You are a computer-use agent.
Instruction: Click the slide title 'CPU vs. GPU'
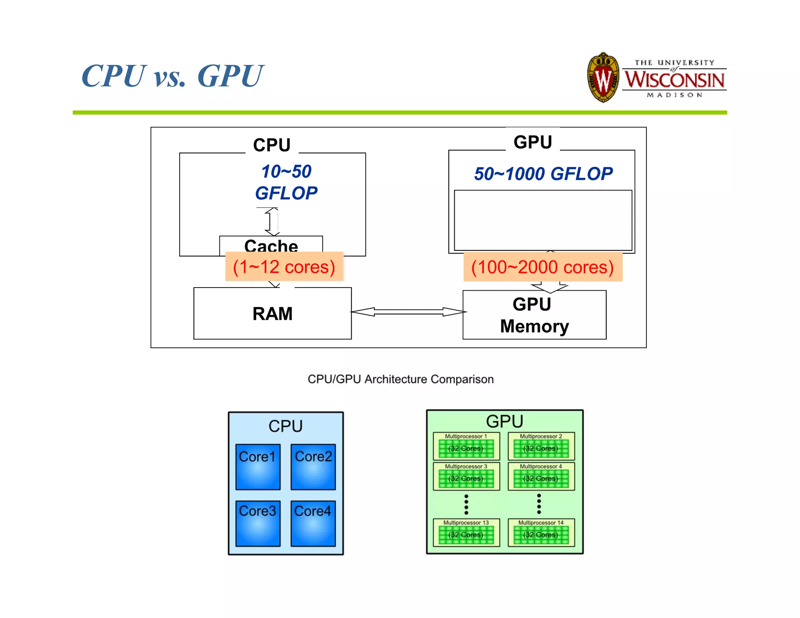pos(173,76)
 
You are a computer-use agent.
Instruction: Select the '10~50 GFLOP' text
pos(286,182)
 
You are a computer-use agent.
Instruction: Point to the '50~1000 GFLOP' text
pos(543,174)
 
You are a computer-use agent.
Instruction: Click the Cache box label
pos(271,245)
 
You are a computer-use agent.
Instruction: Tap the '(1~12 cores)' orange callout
pos(284,267)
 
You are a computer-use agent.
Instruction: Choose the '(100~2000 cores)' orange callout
pos(543,267)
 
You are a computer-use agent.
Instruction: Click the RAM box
pos(272,314)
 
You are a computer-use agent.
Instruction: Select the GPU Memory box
pos(534,315)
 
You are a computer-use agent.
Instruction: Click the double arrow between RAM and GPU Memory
pos(408,312)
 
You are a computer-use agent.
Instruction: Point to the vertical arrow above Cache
pos(272,221)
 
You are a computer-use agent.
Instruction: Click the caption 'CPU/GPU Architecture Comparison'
pos(400,379)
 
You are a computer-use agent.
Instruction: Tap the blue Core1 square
pos(258,467)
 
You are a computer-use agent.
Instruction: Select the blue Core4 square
pos(313,523)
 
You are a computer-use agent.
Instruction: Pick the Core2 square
pos(313,467)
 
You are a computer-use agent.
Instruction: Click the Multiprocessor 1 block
pos(466,446)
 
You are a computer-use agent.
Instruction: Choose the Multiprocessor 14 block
pos(541,532)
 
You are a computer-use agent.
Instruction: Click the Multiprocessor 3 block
pos(466,476)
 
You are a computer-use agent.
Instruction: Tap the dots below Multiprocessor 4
pos(539,504)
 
